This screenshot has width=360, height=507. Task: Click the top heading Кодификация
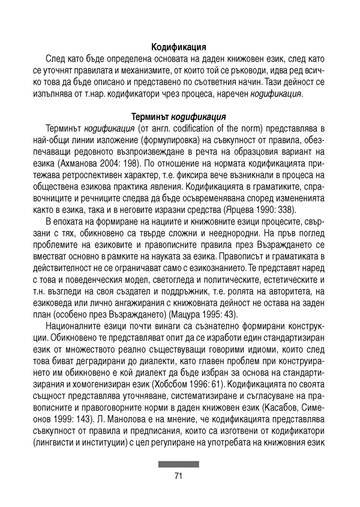179,46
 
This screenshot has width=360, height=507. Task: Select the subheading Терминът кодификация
179,116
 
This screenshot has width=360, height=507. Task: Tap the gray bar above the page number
178,464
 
